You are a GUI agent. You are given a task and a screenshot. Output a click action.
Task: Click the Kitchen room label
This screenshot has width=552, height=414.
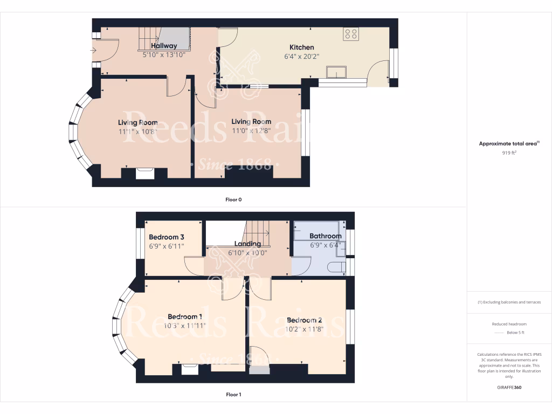pyautogui.click(x=301, y=47)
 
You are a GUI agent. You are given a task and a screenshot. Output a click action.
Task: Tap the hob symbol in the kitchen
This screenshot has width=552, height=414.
pyautogui.click(x=351, y=34)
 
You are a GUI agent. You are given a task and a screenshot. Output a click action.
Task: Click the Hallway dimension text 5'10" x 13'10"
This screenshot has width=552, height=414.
pyautogui.click(x=164, y=55)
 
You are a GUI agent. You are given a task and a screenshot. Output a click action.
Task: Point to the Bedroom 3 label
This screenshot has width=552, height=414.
pyautogui.click(x=167, y=237)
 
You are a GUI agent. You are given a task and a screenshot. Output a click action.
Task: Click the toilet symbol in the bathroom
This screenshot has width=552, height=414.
pyautogui.click(x=337, y=267)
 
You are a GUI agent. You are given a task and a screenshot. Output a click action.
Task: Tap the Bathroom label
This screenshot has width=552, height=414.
pyautogui.click(x=325, y=236)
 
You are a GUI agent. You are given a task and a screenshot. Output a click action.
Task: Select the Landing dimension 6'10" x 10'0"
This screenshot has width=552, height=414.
pyautogui.click(x=247, y=252)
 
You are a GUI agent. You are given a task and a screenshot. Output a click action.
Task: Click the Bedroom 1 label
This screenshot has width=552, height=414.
pyautogui.click(x=185, y=317)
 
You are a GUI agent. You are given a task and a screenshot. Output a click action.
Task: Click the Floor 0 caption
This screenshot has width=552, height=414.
pyautogui.click(x=233, y=199)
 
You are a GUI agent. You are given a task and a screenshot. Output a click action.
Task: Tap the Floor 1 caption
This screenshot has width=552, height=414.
pyautogui.click(x=233, y=395)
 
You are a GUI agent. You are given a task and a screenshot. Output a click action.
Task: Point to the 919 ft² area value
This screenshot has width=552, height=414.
pyautogui.click(x=509, y=153)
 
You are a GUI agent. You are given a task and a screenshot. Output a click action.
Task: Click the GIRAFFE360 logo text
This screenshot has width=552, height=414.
pyautogui.click(x=509, y=387)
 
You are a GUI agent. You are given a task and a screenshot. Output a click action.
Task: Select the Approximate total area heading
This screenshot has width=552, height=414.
pyautogui.click(x=509, y=143)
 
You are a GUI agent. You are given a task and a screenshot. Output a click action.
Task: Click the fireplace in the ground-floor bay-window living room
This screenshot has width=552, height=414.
pyautogui.click(x=146, y=173)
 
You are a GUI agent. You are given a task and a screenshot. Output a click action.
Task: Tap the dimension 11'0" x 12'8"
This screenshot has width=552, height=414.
pyautogui.click(x=251, y=130)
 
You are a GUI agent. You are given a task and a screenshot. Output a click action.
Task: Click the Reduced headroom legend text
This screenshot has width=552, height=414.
pyautogui.click(x=509, y=324)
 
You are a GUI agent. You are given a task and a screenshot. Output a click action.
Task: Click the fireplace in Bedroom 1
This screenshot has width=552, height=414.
pyautogui.click(x=190, y=369)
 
